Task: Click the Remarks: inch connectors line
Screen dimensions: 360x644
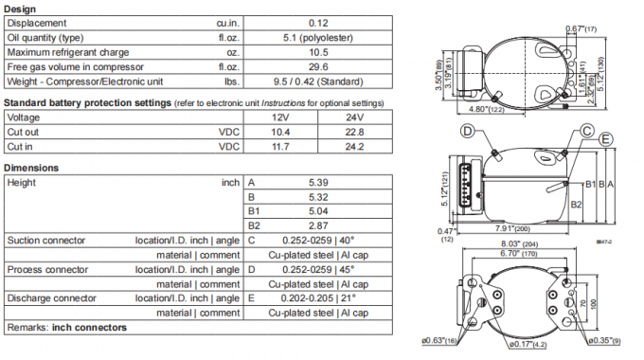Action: point(66,329)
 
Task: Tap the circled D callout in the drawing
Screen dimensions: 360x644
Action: point(468,130)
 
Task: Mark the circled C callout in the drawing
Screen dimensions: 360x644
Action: point(588,130)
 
